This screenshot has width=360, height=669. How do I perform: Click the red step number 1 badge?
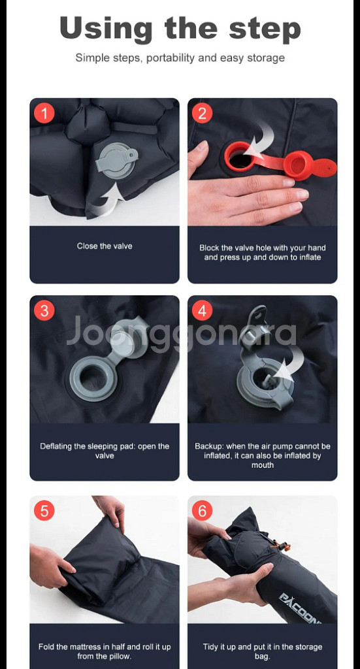coord(44,113)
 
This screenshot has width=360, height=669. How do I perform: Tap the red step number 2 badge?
coord(202,113)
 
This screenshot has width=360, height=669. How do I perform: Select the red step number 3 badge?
coord(44,310)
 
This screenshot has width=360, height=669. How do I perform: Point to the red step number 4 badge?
coord(202,310)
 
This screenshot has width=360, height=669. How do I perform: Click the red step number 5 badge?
coord(44,510)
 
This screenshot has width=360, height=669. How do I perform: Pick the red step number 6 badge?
coord(202,510)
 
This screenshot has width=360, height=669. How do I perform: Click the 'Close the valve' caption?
coord(105,246)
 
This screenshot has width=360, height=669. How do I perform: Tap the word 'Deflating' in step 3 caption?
coord(57,446)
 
